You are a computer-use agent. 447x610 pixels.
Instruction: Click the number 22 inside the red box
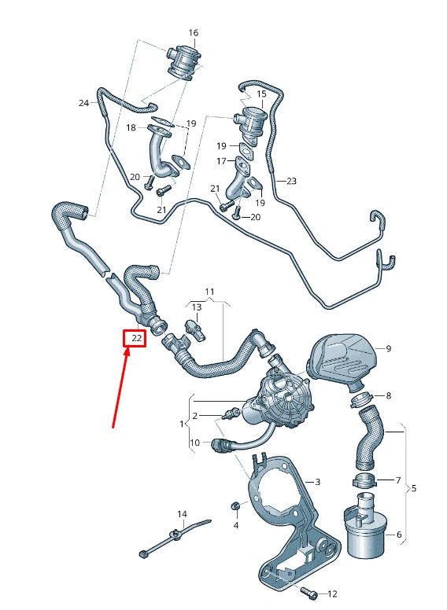click(136, 338)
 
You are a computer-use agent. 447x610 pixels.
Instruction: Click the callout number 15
click(261, 94)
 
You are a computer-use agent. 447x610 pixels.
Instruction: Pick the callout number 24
click(83, 103)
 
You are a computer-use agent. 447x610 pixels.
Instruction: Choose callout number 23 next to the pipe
click(291, 181)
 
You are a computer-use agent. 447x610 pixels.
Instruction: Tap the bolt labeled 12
click(308, 590)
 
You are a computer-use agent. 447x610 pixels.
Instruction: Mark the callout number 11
click(209, 292)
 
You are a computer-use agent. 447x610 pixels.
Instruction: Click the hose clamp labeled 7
click(363, 480)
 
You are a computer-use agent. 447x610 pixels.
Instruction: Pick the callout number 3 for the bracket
click(317, 481)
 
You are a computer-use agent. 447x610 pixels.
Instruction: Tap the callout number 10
click(194, 443)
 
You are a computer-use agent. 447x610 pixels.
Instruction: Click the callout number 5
click(414, 488)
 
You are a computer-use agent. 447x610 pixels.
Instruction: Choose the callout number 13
click(196, 307)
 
